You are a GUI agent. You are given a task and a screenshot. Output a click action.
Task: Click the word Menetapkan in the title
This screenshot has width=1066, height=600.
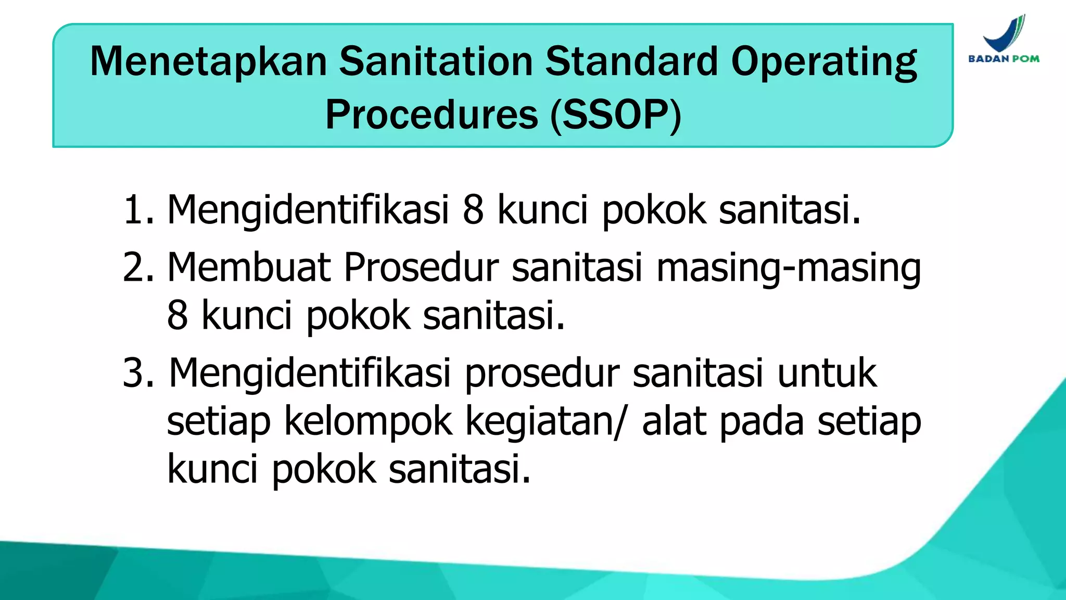click(208, 61)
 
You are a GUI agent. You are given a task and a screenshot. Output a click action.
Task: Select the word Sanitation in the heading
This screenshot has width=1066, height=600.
click(436, 61)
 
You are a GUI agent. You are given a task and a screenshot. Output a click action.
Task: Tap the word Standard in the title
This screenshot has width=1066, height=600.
click(631, 61)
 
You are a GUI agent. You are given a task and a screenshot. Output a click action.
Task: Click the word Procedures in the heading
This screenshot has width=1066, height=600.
click(432, 115)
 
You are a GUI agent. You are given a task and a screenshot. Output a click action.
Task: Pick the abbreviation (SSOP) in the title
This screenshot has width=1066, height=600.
click(616, 115)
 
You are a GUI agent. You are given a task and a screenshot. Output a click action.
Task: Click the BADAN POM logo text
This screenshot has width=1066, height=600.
click(1004, 59)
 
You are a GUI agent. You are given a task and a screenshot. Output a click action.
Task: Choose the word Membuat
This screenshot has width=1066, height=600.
click(249, 267)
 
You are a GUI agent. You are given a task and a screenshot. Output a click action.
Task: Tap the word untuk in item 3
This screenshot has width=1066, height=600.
click(827, 373)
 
